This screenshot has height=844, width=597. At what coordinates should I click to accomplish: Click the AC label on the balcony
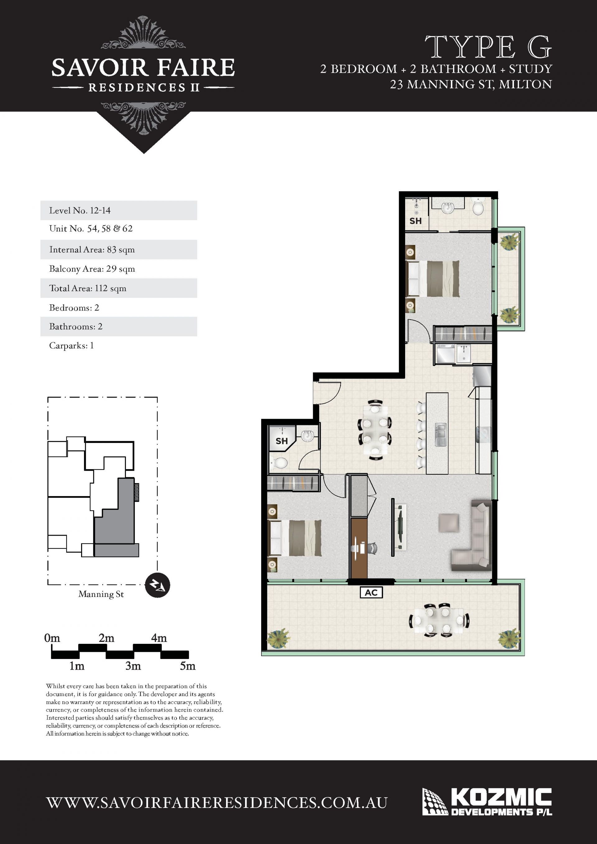(371, 592)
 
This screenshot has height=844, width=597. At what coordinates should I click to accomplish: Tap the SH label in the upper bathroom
(415, 221)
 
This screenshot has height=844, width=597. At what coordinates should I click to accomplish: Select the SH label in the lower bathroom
(282, 441)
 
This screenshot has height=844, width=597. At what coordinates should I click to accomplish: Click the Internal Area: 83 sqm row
(119, 250)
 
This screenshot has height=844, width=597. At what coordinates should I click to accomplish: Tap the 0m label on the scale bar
(52, 638)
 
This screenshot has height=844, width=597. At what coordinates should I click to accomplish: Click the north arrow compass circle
(157, 585)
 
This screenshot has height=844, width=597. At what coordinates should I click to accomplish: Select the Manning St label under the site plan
(101, 594)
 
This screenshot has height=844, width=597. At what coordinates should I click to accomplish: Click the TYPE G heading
(488, 47)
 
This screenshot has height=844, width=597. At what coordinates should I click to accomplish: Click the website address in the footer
(217, 803)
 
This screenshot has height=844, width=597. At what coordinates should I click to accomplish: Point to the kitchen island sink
(440, 435)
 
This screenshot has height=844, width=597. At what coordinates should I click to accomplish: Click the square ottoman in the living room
(448, 523)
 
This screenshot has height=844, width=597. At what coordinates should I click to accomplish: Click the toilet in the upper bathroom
(478, 207)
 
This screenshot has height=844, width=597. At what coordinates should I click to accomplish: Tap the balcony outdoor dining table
(439, 620)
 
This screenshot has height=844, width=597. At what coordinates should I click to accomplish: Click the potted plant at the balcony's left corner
(278, 639)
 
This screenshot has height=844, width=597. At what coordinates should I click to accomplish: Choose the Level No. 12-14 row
(119, 210)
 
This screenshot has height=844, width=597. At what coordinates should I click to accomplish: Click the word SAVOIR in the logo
(99, 68)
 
